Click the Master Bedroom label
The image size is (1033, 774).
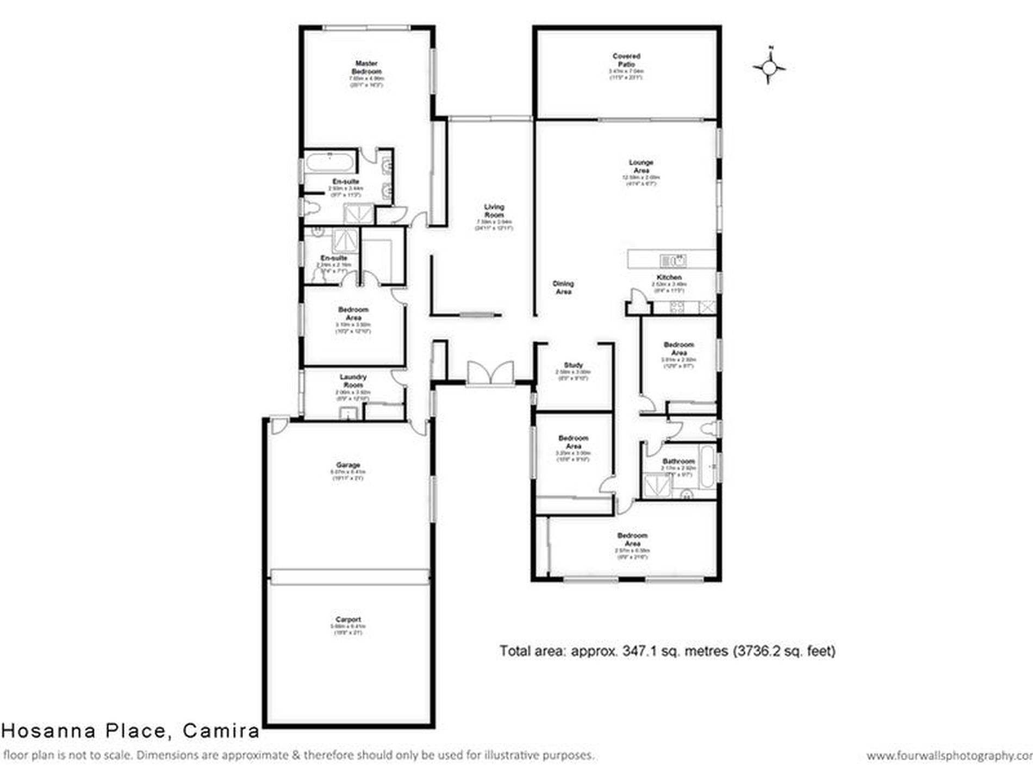pos(366,67)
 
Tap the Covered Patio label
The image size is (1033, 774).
pos(626,60)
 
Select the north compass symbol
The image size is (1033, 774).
pos(769,67)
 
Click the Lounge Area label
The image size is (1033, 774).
pos(641,166)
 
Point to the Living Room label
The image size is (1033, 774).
pos(494,211)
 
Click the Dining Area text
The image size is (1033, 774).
pos(563,287)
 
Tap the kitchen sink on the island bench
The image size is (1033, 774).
pos(673,261)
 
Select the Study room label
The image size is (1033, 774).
pos(573,365)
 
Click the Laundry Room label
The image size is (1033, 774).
pos(353,381)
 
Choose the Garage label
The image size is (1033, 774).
pos(348,465)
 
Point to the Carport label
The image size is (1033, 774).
pos(348,619)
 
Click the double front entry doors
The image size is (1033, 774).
pos(490,373)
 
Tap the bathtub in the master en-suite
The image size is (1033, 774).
pos(329,162)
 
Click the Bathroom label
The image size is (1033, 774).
pos(679,461)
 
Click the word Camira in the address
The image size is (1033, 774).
pos(221,731)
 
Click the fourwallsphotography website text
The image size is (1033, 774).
pos(949,756)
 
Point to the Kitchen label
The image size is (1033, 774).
pos(668,277)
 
